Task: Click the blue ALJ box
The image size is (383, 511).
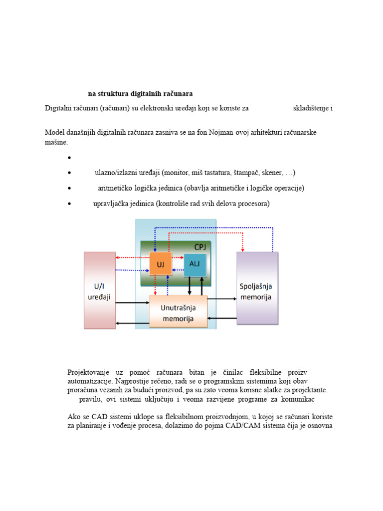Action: point(194,265)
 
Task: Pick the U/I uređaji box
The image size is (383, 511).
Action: point(99,290)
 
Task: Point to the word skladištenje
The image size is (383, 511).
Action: point(311,108)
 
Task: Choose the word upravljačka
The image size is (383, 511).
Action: point(111,204)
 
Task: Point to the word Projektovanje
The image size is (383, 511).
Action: point(88,373)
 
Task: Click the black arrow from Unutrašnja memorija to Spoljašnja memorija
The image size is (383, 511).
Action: point(222,298)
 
